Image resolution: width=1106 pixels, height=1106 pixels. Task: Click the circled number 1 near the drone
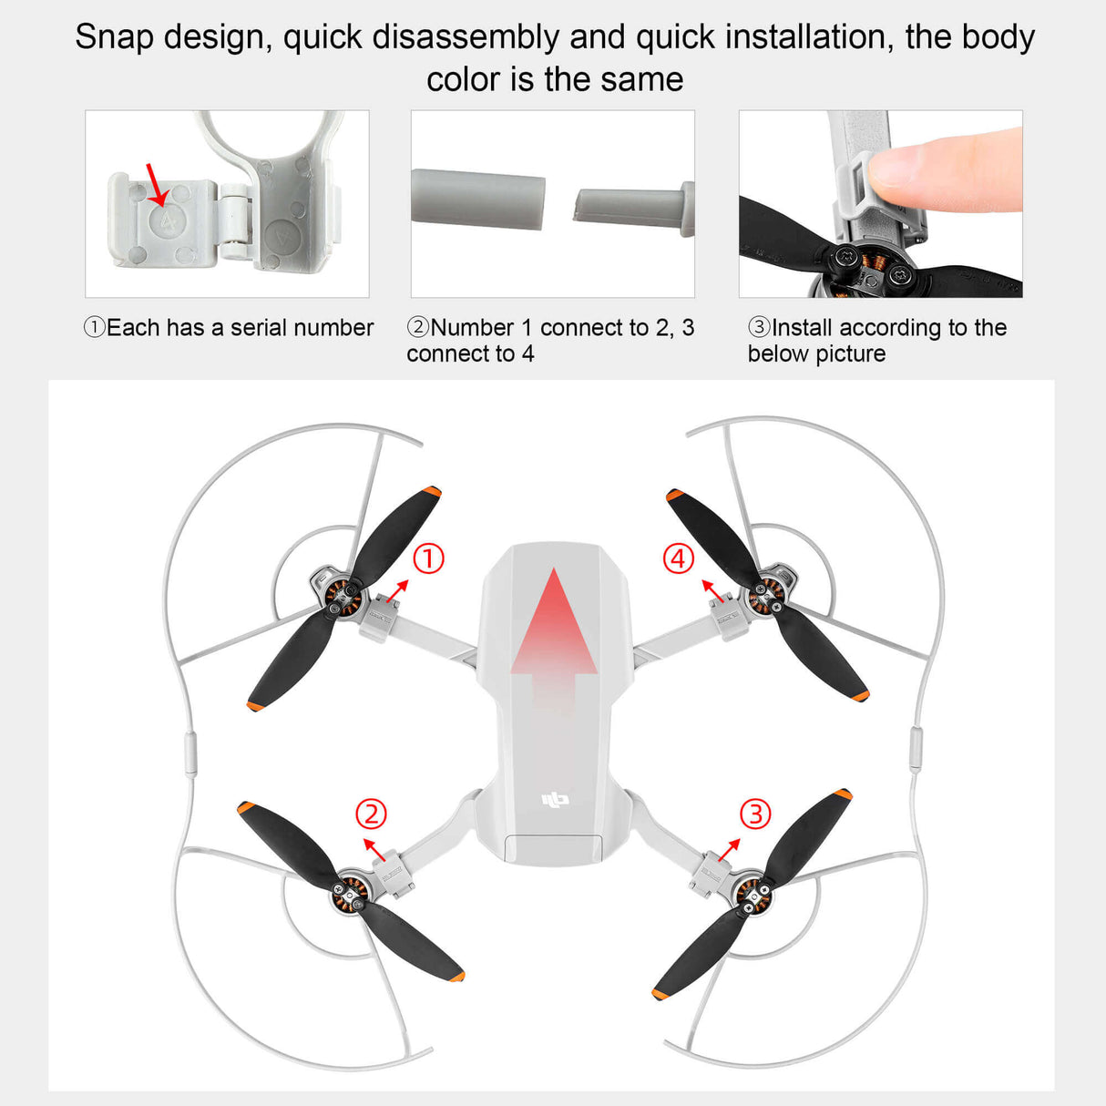click(428, 558)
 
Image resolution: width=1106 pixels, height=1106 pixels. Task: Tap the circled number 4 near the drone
click(678, 558)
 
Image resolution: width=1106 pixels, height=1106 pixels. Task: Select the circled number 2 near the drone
click(371, 813)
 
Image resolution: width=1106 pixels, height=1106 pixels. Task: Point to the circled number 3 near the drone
click(755, 813)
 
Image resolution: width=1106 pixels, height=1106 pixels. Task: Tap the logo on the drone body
click(555, 800)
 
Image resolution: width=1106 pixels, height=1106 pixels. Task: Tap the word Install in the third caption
click(804, 328)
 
